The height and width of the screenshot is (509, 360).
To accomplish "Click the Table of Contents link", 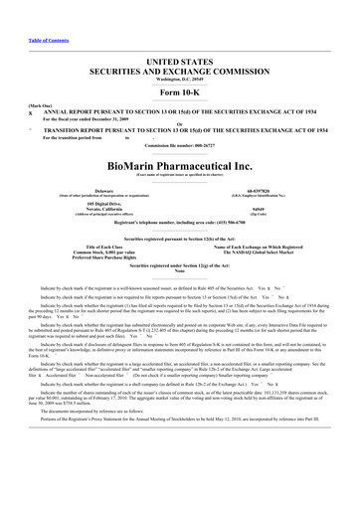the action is pos(24,10).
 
